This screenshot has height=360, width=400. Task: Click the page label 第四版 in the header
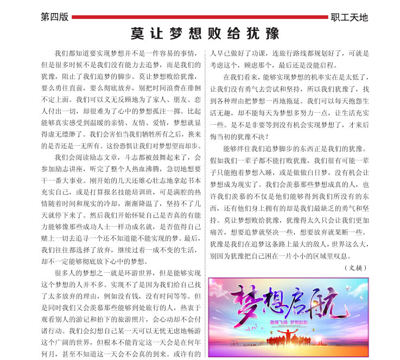point(54,17)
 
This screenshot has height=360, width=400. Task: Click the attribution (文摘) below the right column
point(356,267)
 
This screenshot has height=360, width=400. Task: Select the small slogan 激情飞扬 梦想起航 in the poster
point(288,322)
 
